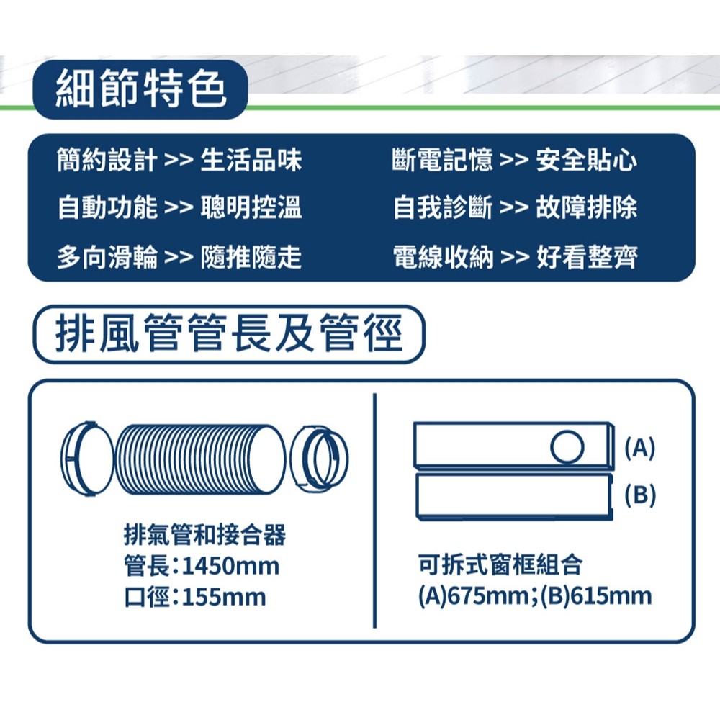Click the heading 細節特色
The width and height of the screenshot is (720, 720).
coord(141,88)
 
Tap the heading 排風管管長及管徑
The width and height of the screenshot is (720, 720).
coord(229,333)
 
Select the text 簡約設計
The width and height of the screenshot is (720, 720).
coord(107,161)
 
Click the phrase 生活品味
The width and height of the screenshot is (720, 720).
coord(251,161)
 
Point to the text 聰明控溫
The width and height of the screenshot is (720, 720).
coord(251,207)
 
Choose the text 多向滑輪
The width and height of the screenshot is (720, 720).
coord(107,257)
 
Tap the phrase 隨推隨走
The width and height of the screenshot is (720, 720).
coord(251,257)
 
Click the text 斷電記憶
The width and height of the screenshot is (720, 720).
coord(443,161)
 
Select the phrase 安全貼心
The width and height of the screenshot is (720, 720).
coord(586,161)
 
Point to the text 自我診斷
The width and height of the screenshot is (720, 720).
coord(443,207)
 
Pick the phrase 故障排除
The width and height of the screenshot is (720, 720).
coord(586,207)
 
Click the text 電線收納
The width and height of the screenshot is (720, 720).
coord(443,257)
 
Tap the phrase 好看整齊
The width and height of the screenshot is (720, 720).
coord(587,257)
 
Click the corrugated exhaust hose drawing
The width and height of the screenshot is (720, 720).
coord(200,459)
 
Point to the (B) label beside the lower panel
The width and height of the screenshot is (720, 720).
coord(639,495)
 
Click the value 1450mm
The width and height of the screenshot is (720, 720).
coord(230,566)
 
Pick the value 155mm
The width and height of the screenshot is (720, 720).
coord(224,598)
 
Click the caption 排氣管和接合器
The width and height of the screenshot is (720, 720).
coord(204,535)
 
